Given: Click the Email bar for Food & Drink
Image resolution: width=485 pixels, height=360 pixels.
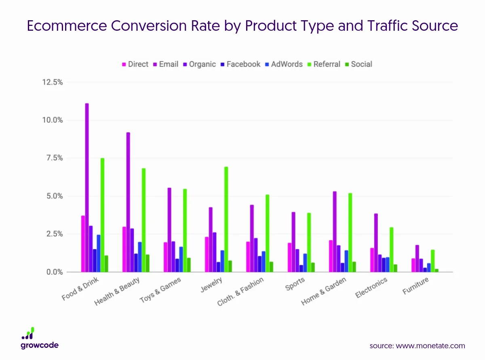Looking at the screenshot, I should (x=87, y=188).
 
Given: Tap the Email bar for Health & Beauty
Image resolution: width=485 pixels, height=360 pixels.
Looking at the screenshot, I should (x=128, y=202).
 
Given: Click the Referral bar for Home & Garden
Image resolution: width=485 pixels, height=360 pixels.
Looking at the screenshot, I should (x=350, y=233).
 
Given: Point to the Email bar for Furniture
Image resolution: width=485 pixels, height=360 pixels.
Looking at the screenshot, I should (x=417, y=258).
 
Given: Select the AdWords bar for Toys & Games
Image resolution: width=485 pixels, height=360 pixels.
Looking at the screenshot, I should (x=181, y=259).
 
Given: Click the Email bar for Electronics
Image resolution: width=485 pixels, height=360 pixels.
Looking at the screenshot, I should (x=376, y=243).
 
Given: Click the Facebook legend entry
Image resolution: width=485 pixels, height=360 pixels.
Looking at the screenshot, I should (x=240, y=64).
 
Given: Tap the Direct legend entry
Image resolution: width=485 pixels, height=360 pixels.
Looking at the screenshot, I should (x=135, y=64).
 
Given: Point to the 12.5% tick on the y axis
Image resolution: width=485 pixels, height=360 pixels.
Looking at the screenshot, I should (x=52, y=83).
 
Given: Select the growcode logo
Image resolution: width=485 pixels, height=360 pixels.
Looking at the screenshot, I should (x=40, y=338).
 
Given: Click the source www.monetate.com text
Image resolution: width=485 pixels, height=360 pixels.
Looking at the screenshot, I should (x=417, y=346).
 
